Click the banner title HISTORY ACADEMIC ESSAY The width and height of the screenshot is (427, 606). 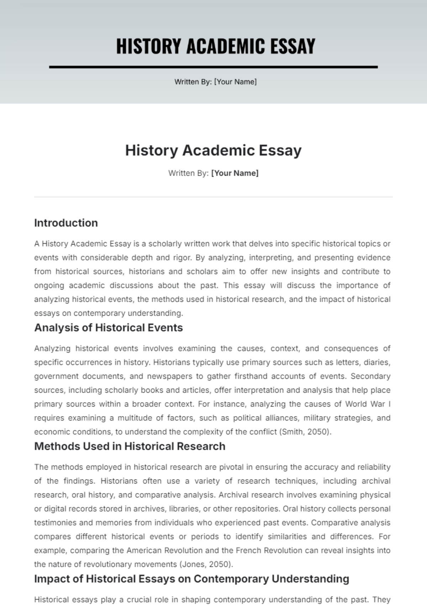pos(216,46)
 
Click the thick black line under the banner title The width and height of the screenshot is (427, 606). pos(213,67)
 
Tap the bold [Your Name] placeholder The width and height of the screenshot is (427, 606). pos(235,173)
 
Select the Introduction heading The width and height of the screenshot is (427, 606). pos(66,223)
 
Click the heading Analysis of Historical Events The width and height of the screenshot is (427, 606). pos(109,328)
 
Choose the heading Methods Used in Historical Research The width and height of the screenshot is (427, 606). pos(130,446)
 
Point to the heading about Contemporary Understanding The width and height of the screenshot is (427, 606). pos(191,579)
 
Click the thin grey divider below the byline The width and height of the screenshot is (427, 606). pos(213,197)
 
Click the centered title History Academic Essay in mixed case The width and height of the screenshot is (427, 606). pos(213,150)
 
